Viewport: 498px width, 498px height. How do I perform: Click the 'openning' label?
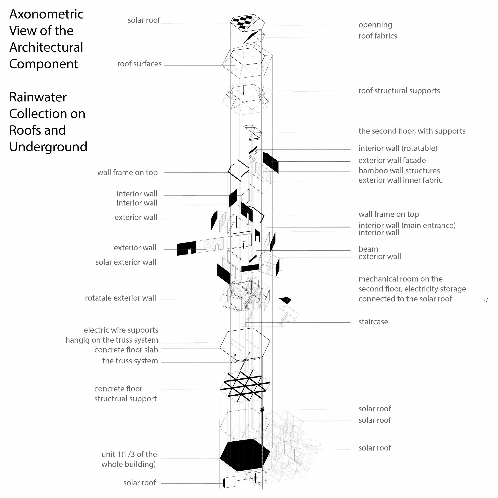pyautogui.click(x=375, y=25)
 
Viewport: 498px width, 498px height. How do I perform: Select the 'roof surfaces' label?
pyautogui.click(x=139, y=64)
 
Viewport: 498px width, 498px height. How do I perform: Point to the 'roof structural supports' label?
pyautogui.click(x=399, y=91)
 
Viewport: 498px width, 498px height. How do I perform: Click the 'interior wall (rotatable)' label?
pyautogui.click(x=398, y=148)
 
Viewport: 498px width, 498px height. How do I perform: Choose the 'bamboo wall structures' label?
pyautogui.click(x=399, y=171)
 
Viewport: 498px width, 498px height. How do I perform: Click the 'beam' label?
pyautogui.click(x=368, y=249)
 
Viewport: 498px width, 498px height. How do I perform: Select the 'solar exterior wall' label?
pyautogui.click(x=125, y=262)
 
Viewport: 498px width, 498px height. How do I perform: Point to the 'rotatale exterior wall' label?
pyautogui.click(x=120, y=298)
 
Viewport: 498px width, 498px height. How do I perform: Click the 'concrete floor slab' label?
pyautogui.click(x=126, y=350)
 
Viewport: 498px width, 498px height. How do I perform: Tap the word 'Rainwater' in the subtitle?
pyautogui.click(x=38, y=97)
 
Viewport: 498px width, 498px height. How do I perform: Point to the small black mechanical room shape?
pyautogui.click(x=285, y=300)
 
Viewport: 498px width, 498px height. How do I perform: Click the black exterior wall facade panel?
pyautogui.click(x=271, y=162)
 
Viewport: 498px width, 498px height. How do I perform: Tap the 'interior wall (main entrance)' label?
pyautogui.click(x=407, y=225)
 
